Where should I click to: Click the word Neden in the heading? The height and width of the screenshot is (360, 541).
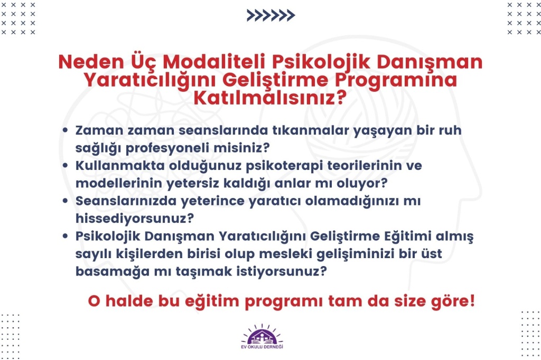[x=91, y=62]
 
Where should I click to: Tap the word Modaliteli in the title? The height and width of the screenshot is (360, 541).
[x=214, y=62]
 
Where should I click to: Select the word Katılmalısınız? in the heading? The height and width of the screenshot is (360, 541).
[x=270, y=98]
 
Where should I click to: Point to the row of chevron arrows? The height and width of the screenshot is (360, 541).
[x=271, y=15]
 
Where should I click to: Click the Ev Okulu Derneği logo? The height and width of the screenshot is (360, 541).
[x=262, y=337]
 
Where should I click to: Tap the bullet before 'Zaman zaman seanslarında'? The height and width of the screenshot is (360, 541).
[x=65, y=130]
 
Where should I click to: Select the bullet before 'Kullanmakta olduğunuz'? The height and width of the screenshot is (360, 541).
[x=65, y=166]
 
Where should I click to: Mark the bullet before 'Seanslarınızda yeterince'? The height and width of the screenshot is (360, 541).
[x=65, y=201]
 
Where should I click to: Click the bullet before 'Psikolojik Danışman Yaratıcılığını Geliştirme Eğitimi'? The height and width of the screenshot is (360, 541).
[x=65, y=236]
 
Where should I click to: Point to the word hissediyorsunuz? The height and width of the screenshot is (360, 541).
[x=135, y=219]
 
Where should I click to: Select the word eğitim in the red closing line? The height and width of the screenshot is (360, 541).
[x=212, y=301]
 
